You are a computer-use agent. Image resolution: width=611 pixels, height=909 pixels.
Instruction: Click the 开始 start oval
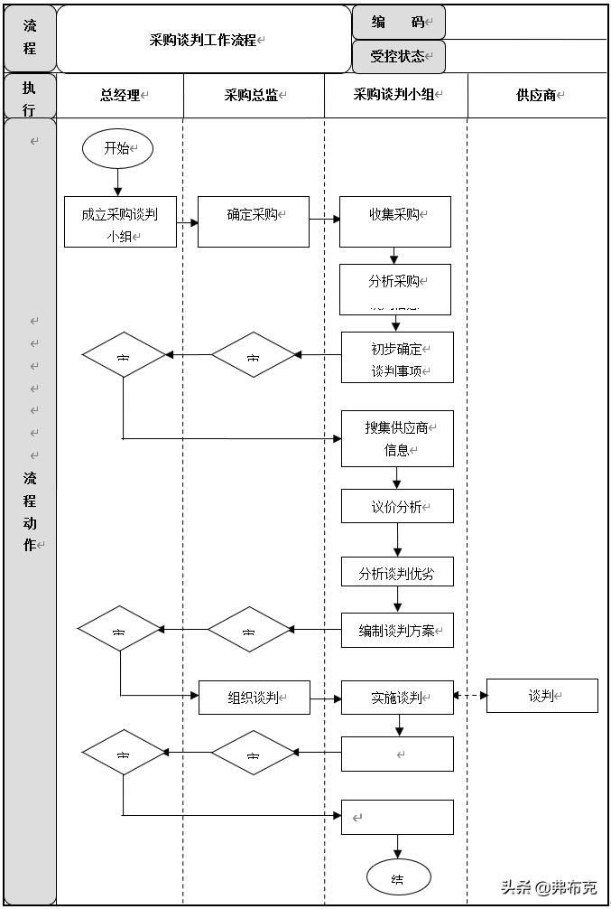tap(117, 149)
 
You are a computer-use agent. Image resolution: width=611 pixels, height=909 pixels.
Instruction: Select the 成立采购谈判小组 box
tap(119, 222)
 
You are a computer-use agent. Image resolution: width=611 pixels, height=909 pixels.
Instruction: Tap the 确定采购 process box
tap(253, 221)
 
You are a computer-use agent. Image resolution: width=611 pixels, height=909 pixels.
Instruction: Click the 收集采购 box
tap(394, 221)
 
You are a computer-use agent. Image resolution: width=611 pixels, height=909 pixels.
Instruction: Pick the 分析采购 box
tap(394, 288)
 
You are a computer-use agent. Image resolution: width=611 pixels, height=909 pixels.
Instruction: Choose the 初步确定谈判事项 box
tap(396, 358)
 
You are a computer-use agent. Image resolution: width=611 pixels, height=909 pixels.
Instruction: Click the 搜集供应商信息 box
tap(396, 438)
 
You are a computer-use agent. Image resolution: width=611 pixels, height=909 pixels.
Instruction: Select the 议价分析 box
tap(396, 506)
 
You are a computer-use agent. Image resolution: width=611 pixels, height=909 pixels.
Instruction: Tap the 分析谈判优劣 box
tap(396, 573)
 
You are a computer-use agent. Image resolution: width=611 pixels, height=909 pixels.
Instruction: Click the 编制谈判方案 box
tap(396, 630)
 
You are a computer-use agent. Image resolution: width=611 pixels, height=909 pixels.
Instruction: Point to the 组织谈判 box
tap(254, 697)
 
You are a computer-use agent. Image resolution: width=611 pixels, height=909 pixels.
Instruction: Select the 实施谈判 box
tap(396, 697)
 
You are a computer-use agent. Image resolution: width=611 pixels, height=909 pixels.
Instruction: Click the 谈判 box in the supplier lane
tap(542, 696)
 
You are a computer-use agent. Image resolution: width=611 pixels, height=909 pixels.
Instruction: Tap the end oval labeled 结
tap(398, 877)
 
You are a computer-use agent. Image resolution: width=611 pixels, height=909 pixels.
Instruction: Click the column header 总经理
tap(120, 95)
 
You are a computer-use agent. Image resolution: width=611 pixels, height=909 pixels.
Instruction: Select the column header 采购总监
tap(254, 95)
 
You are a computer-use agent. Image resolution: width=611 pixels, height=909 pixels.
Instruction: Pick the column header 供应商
tap(537, 95)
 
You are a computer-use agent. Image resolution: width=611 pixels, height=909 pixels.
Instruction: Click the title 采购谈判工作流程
tap(204, 40)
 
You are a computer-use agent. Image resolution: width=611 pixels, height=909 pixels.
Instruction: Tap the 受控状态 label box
tap(398, 56)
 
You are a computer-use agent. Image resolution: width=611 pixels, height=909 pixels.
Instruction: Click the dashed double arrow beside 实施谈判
tap(470, 696)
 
